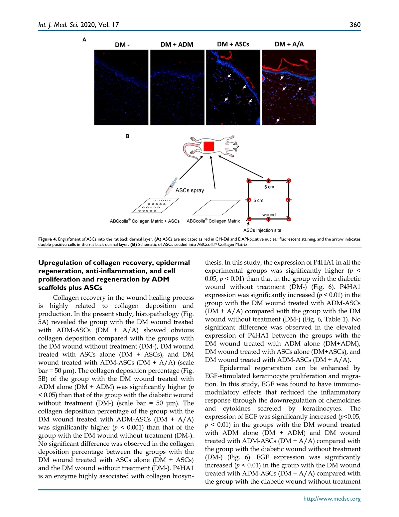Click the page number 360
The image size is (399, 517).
(x=355, y=25)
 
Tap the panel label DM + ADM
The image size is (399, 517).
(x=177, y=45)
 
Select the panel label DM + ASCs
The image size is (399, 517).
(x=233, y=44)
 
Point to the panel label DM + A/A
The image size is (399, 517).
(x=289, y=44)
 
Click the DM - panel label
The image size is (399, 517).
(x=122, y=45)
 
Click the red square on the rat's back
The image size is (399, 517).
(x=209, y=146)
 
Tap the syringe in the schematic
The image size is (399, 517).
(x=172, y=186)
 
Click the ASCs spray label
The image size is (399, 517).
(x=190, y=190)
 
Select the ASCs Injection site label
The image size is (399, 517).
(x=262, y=230)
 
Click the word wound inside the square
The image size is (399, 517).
(x=269, y=215)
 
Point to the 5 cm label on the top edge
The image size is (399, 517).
(x=269, y=187)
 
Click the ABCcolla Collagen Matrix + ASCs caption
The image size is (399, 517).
(x=145, y=221)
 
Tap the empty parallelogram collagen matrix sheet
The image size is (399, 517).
(x=216, y=207)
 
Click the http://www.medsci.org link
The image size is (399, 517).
(x=332, y=499)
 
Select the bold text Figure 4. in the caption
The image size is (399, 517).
(x=47, y=239)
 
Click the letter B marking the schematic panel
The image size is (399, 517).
(x=127, y=136)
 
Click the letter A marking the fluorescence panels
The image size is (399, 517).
(x=84, y=40)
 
